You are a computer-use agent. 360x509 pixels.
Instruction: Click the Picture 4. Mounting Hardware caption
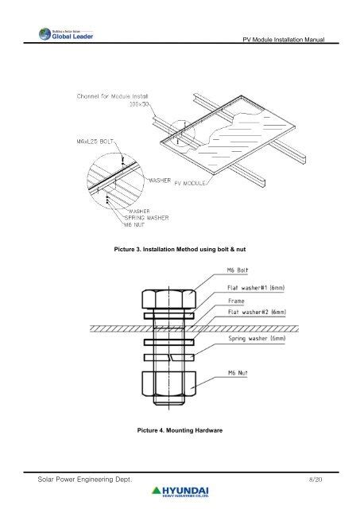pos(180,430)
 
